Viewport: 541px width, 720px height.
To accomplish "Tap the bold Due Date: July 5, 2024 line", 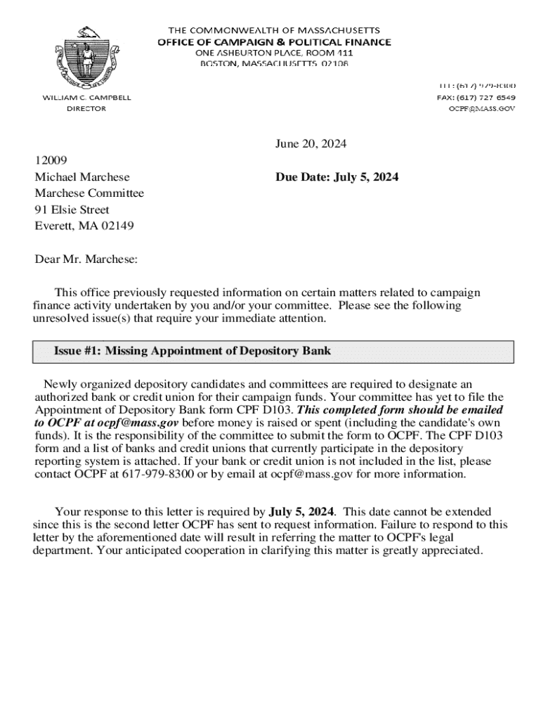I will tap(337, 177).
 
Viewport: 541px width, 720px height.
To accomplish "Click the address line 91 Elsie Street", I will tap(72, 210).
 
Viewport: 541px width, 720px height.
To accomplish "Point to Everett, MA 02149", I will tap(84, 226).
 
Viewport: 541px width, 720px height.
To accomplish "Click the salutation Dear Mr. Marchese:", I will tap(86, 259).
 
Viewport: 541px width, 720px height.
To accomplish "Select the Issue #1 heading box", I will tap(273, 352).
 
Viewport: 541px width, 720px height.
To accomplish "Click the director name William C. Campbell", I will tap(86, 98).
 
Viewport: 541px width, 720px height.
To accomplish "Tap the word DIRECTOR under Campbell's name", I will tap(86, 109).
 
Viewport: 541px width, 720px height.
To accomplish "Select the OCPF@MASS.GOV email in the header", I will tap(481, 109).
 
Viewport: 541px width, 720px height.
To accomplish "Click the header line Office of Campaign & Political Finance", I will tap(274, 42).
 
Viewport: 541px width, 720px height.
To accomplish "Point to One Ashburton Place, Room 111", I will tap(274, 53).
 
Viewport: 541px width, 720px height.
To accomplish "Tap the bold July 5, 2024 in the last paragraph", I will tap(302, 511).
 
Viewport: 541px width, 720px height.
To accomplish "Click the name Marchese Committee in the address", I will tap(89, 193).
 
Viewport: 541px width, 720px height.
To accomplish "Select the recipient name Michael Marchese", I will tap(82, 177).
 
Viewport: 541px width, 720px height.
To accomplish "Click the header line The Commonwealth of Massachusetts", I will tap(274, 31).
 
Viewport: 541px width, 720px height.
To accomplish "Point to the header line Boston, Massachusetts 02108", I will tap(274, 64).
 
